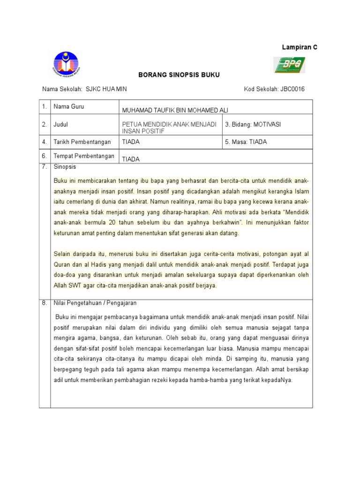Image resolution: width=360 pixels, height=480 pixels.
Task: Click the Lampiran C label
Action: coord(299,47)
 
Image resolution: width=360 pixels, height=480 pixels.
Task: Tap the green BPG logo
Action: coord(289,65)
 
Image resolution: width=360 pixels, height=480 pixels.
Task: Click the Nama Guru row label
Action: coord(68,107)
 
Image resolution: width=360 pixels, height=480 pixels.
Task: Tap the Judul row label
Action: coord(61,124)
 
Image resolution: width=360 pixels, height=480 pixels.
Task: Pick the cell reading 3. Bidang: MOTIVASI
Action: coord(253,124)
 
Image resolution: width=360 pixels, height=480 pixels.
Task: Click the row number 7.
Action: coord(44,166)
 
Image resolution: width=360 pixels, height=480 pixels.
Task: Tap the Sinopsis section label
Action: coord(65,166)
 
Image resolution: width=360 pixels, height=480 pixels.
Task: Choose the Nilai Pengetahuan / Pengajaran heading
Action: coord(95,303)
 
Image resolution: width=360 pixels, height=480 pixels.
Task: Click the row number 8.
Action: coord(44,303)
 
